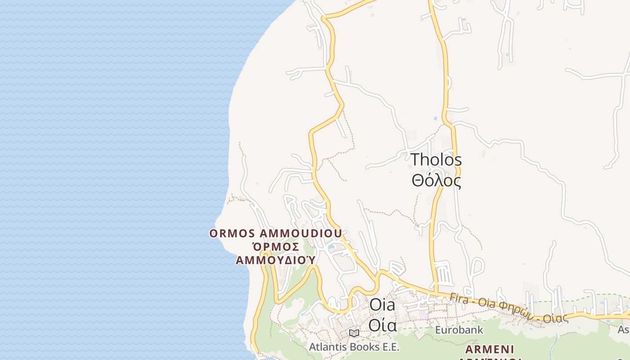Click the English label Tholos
tap(436, 160)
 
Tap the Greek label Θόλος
tap(436, 180)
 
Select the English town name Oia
tap(382, 305)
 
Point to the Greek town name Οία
tap(382, 325)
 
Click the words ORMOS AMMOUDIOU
tap(276, 234)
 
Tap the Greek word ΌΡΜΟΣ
tap(275, 247)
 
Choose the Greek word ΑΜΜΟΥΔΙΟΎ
tap(275, 260)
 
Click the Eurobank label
tap(459, 330)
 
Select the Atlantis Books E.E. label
tap(354, 347)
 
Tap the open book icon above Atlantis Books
tap(354, 333)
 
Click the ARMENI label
tap(490, 350)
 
